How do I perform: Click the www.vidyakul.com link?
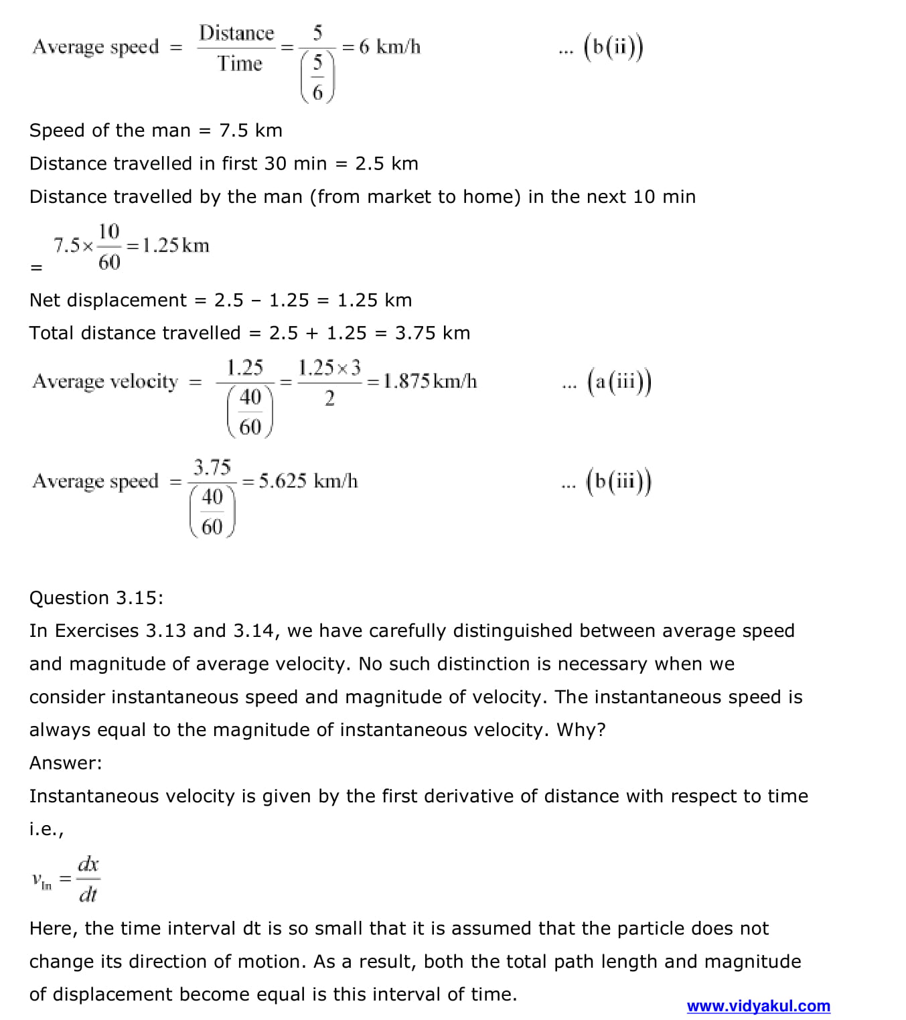point(758,1006)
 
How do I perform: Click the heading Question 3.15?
point(96,597)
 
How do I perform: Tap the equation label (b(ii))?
point(613,47)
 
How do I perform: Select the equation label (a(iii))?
point(619,381)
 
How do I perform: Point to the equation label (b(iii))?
point(619,481)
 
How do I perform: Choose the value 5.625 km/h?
point(308,481)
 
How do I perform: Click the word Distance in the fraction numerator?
point(236,33)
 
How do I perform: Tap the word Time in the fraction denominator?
point(239,64)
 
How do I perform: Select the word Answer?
point(66,763)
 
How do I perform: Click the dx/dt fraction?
point(88,879)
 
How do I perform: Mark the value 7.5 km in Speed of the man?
point(250,130)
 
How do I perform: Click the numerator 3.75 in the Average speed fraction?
point(212,467)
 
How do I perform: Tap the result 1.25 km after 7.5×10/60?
point(175,245)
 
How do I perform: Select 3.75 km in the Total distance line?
point(432,333)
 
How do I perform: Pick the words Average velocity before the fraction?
point(105,381)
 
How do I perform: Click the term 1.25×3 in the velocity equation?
point(329,367)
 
